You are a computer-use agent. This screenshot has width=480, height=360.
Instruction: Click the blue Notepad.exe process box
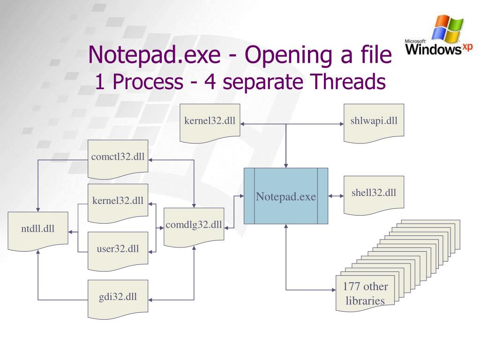pyautogui.click(x=286, y=196)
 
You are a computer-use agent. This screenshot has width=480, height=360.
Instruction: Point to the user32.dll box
pyautogui.click(x=118, y=249)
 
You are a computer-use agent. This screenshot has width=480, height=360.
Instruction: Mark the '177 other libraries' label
pyautogui.click(x=365, y=293)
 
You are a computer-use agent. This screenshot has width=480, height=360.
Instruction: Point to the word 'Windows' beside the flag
pyautogui.click(x=433, y=49)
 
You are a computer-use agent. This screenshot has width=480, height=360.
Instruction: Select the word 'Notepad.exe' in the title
pyautogui.click(x=154, y=55)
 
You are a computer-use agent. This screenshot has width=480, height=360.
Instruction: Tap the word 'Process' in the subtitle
pyautogui.click(x=148, y=82)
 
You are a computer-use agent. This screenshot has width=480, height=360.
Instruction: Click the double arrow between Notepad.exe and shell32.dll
pyautogui.click(x=336, y=196)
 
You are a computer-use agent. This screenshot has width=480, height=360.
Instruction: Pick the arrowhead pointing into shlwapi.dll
pyautogui.click(x=341, y=124)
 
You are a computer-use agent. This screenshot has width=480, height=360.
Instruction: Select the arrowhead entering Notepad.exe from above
pyautogui.click(x=286, y=165)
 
